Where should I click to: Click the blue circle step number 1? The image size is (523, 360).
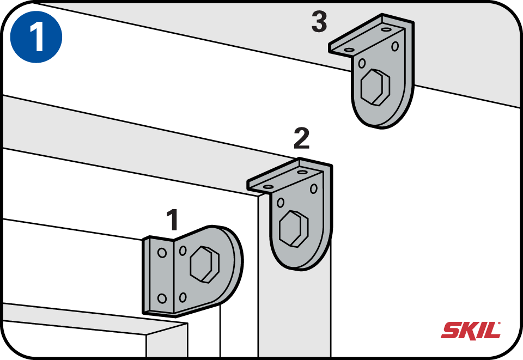coord(36,36)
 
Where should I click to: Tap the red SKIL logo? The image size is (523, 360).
coord(471,331)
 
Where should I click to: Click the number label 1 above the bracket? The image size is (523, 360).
coord(173,219)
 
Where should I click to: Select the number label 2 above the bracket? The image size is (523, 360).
coord(301,138)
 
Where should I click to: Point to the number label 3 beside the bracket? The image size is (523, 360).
coord(319,22)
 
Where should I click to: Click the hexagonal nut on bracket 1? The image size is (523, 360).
coord(205,265)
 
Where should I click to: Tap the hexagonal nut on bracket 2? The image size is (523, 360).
coord(294,229)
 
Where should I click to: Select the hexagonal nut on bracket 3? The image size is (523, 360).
coord(375,87)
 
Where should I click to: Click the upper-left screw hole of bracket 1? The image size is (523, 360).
coord(162,253)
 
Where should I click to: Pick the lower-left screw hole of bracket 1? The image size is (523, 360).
coord(162,298)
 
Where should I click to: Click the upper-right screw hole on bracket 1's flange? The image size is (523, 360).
coord(183,251)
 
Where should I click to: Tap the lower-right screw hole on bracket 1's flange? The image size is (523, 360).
coord(183,297)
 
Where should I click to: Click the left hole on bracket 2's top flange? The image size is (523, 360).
coord(268,187)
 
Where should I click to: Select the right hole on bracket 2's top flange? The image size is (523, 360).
coord(302,172)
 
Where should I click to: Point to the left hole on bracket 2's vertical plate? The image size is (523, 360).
coord(281,203)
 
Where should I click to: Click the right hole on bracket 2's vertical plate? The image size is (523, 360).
coord(314,188)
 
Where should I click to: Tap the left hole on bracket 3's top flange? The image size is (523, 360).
coord(349,50)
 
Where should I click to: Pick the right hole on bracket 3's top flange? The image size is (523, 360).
coord(386,29)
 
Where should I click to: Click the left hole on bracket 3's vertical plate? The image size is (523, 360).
coord(362,63)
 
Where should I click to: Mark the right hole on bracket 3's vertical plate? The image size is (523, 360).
coord(395,46)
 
